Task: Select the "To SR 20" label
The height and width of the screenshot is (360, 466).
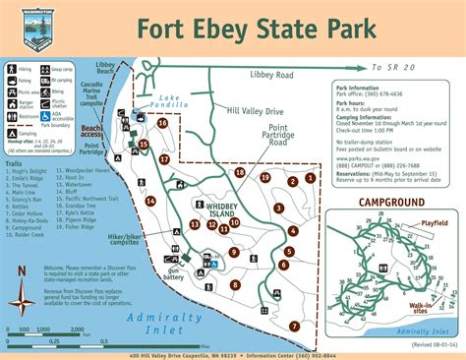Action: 392,68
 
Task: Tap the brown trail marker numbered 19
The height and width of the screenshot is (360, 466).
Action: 265,176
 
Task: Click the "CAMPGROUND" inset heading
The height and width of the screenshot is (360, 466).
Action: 392,203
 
